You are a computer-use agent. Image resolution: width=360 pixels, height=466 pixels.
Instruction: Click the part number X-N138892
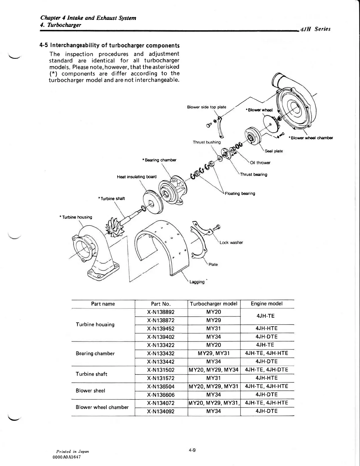click(161, 312)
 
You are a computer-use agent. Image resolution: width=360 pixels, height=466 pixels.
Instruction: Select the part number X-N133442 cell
click(161, 362)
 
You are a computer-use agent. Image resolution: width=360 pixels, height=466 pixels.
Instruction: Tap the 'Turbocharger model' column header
click(214, 304)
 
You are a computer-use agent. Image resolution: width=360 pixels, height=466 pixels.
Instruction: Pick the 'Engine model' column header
click(267, 304)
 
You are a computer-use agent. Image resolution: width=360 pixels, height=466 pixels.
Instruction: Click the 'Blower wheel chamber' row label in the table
click(102, 407)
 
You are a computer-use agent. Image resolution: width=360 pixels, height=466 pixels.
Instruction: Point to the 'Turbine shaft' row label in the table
click(91, 374)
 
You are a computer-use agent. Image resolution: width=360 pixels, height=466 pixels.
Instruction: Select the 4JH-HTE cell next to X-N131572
click(267, 378)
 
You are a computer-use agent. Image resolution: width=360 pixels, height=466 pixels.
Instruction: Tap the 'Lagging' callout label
click(197, 282)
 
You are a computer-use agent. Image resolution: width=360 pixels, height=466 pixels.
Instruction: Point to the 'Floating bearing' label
click(240, 193)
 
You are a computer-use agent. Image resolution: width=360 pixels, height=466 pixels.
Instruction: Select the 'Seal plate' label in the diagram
click(274, 151)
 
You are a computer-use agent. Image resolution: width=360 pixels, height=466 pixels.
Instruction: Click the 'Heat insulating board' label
click(137, 177)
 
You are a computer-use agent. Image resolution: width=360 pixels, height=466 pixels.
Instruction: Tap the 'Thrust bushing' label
click(207, 142)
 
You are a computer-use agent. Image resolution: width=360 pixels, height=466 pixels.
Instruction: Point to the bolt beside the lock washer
click(217, 227)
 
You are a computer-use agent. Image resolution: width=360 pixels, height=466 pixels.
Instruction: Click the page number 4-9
click(192, 450)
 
